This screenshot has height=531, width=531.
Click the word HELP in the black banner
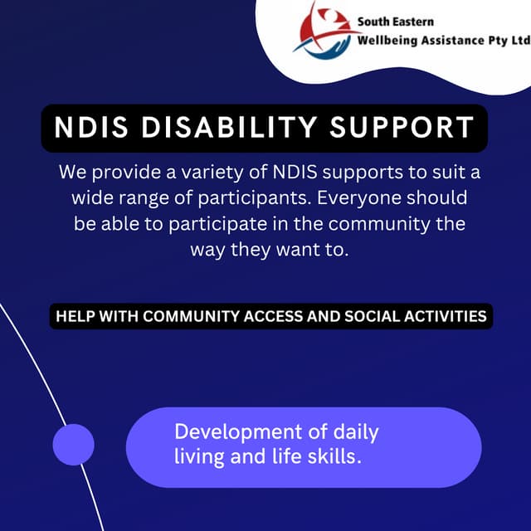tap(73, 316)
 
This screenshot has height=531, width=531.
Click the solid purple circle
tap(74, 445)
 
